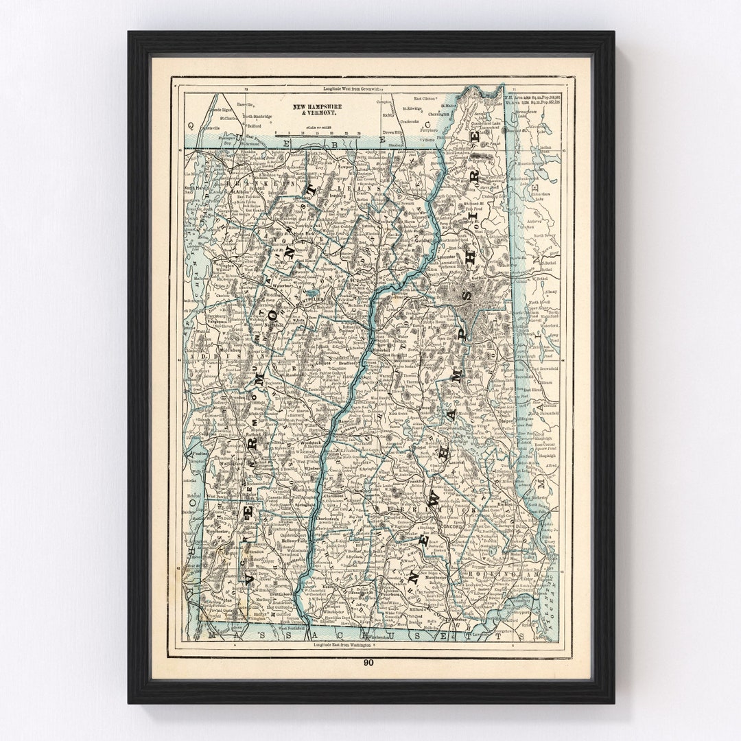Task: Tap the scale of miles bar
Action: click(317, 136)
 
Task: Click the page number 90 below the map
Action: click(369, 662)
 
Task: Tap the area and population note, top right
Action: click(532, 100)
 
